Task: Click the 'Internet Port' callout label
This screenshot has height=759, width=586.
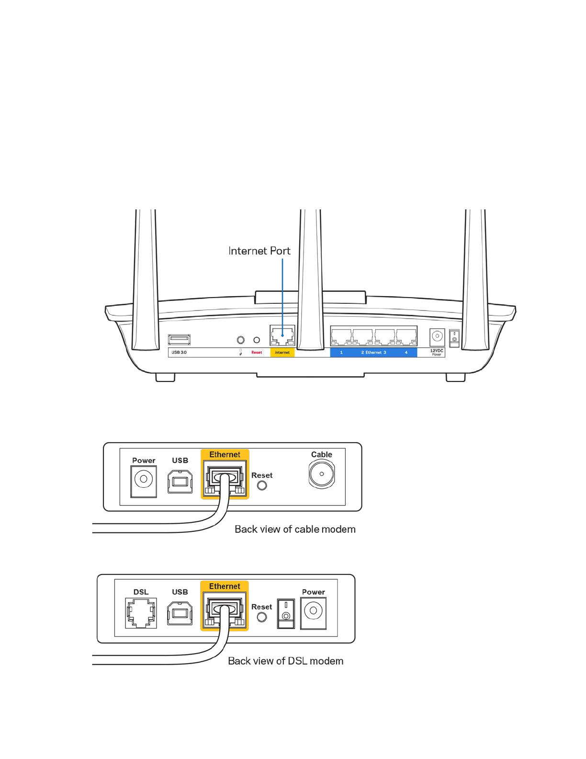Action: tap(259, 251)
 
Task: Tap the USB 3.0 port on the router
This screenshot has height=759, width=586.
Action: tap(179, 340)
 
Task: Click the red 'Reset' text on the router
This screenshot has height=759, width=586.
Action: tap(257, 353)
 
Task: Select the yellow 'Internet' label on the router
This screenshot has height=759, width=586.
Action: tap(282, 353)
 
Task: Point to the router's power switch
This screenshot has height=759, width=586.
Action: tap(454, 338)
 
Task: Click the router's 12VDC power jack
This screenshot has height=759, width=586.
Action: tap(437, 336)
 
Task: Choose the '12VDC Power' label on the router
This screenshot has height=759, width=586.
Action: tap(437, 352)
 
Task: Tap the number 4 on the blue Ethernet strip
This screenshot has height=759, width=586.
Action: tap(406, 353)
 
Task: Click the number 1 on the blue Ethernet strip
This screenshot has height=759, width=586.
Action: tap(341, 353)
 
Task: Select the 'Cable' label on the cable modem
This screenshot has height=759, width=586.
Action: tap(321, 455)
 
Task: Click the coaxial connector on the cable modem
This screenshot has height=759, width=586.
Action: tap(321, 474)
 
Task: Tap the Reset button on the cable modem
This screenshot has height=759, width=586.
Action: tap(262, 485)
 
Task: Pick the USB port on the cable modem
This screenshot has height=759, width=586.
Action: tap(180, 481)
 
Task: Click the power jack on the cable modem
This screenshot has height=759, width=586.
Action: tap(144, 479)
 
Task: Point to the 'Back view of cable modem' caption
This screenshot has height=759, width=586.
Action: tap(295, 529)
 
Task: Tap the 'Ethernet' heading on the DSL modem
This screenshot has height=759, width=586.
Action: tap(225, 586)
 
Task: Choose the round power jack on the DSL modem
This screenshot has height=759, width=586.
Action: tap(313, 611)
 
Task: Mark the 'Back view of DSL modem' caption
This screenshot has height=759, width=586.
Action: tap(285, 661)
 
